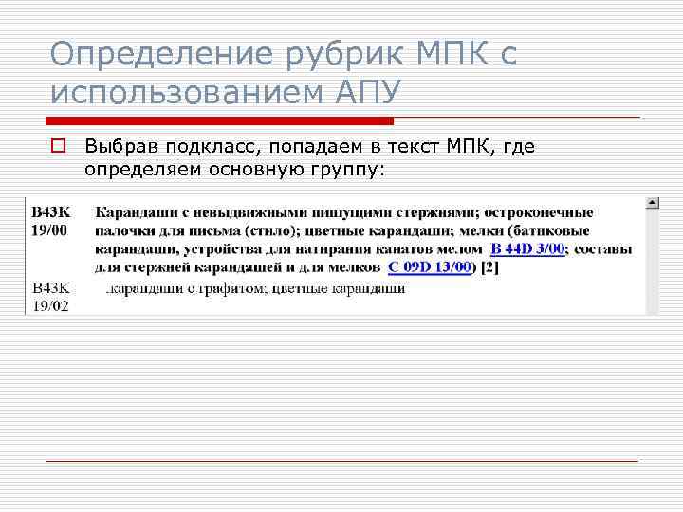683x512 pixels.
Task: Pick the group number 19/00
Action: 49,230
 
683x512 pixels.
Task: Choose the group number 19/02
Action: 49,304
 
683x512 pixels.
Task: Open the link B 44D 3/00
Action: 528,248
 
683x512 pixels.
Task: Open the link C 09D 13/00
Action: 430,267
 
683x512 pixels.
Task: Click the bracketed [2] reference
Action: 489,267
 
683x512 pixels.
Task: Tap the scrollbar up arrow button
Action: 653,203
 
